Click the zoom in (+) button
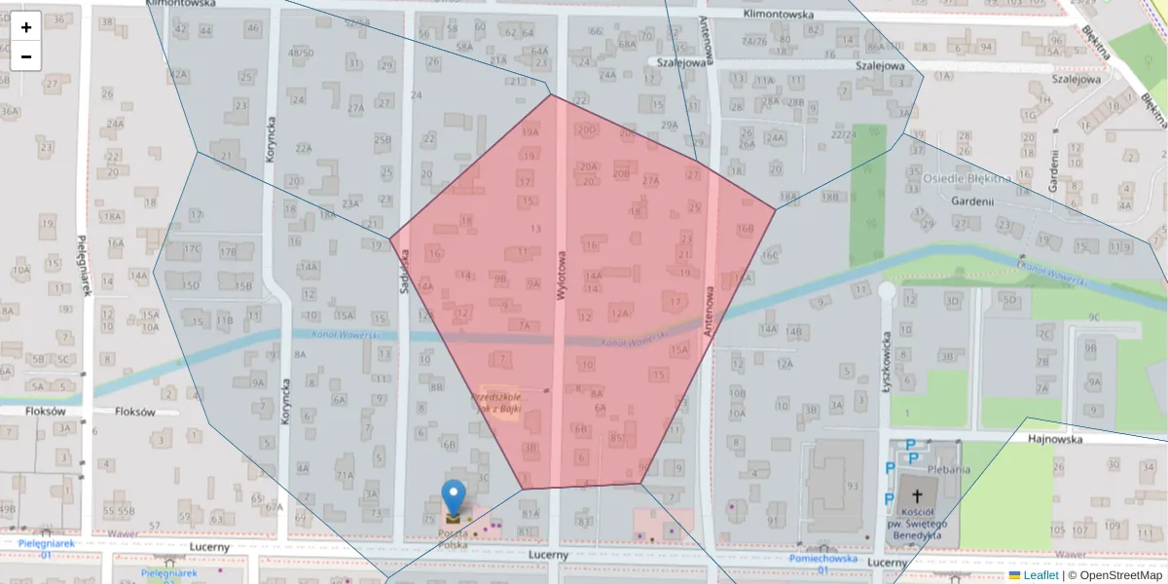(26, 27)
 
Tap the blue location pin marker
(454, 497)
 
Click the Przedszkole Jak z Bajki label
(496, 403)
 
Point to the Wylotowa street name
(562, 274)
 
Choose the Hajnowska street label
(1056, 439)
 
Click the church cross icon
(916, 494)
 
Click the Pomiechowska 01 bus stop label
(822, 564)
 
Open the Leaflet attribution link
(1040, 575)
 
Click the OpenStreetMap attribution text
(1120, 575)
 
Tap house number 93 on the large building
(853, 486)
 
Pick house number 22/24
(844, 134)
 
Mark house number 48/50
(301, 52)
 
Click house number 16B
(745, 230)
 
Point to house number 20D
(586, 128)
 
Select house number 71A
(345, 476)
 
